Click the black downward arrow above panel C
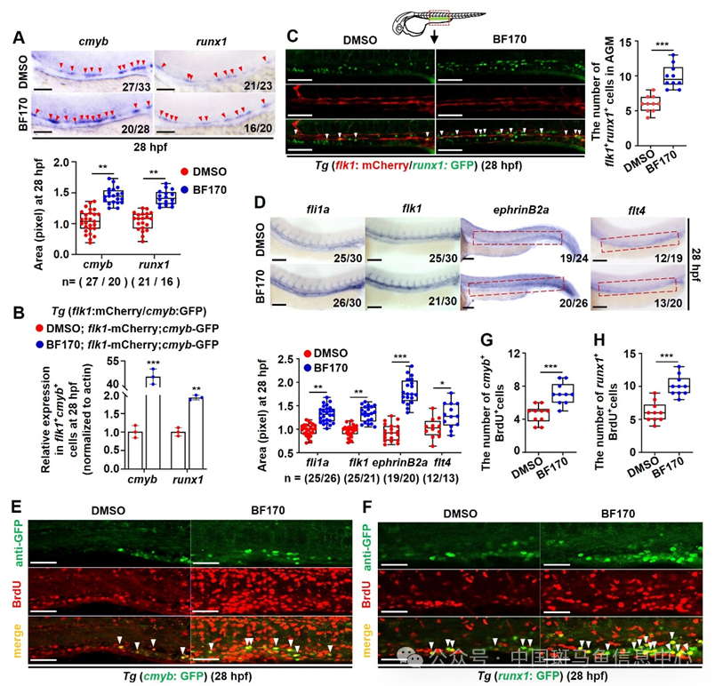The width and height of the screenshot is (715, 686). (x=433, y=40)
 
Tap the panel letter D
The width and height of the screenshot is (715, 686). (x=259, y=202)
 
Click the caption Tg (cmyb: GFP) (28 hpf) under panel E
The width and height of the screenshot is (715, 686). (x=192, y=676)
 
